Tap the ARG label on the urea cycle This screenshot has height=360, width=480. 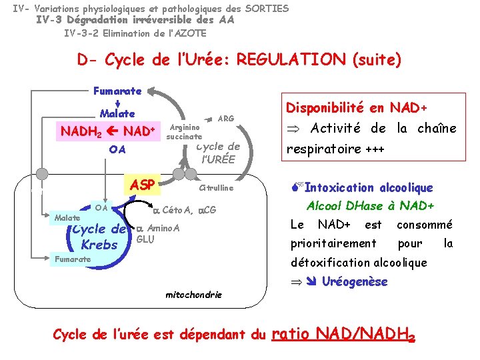(226, 119)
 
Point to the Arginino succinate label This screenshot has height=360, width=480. (184, 132)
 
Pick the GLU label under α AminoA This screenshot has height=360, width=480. (145, 239)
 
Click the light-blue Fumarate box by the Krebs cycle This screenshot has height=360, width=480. (73, 259)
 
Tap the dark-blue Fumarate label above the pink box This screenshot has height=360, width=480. (117, 91)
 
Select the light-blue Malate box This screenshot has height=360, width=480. (67, 218)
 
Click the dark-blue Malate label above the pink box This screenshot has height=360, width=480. (117, 113)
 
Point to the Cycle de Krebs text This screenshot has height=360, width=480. (99, 237)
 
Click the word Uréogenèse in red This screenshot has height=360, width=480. (354, 281)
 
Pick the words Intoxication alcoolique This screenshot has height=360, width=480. (368, 188)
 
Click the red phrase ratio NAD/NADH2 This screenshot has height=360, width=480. (344, 333)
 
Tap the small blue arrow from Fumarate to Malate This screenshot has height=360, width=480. (117, 102)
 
